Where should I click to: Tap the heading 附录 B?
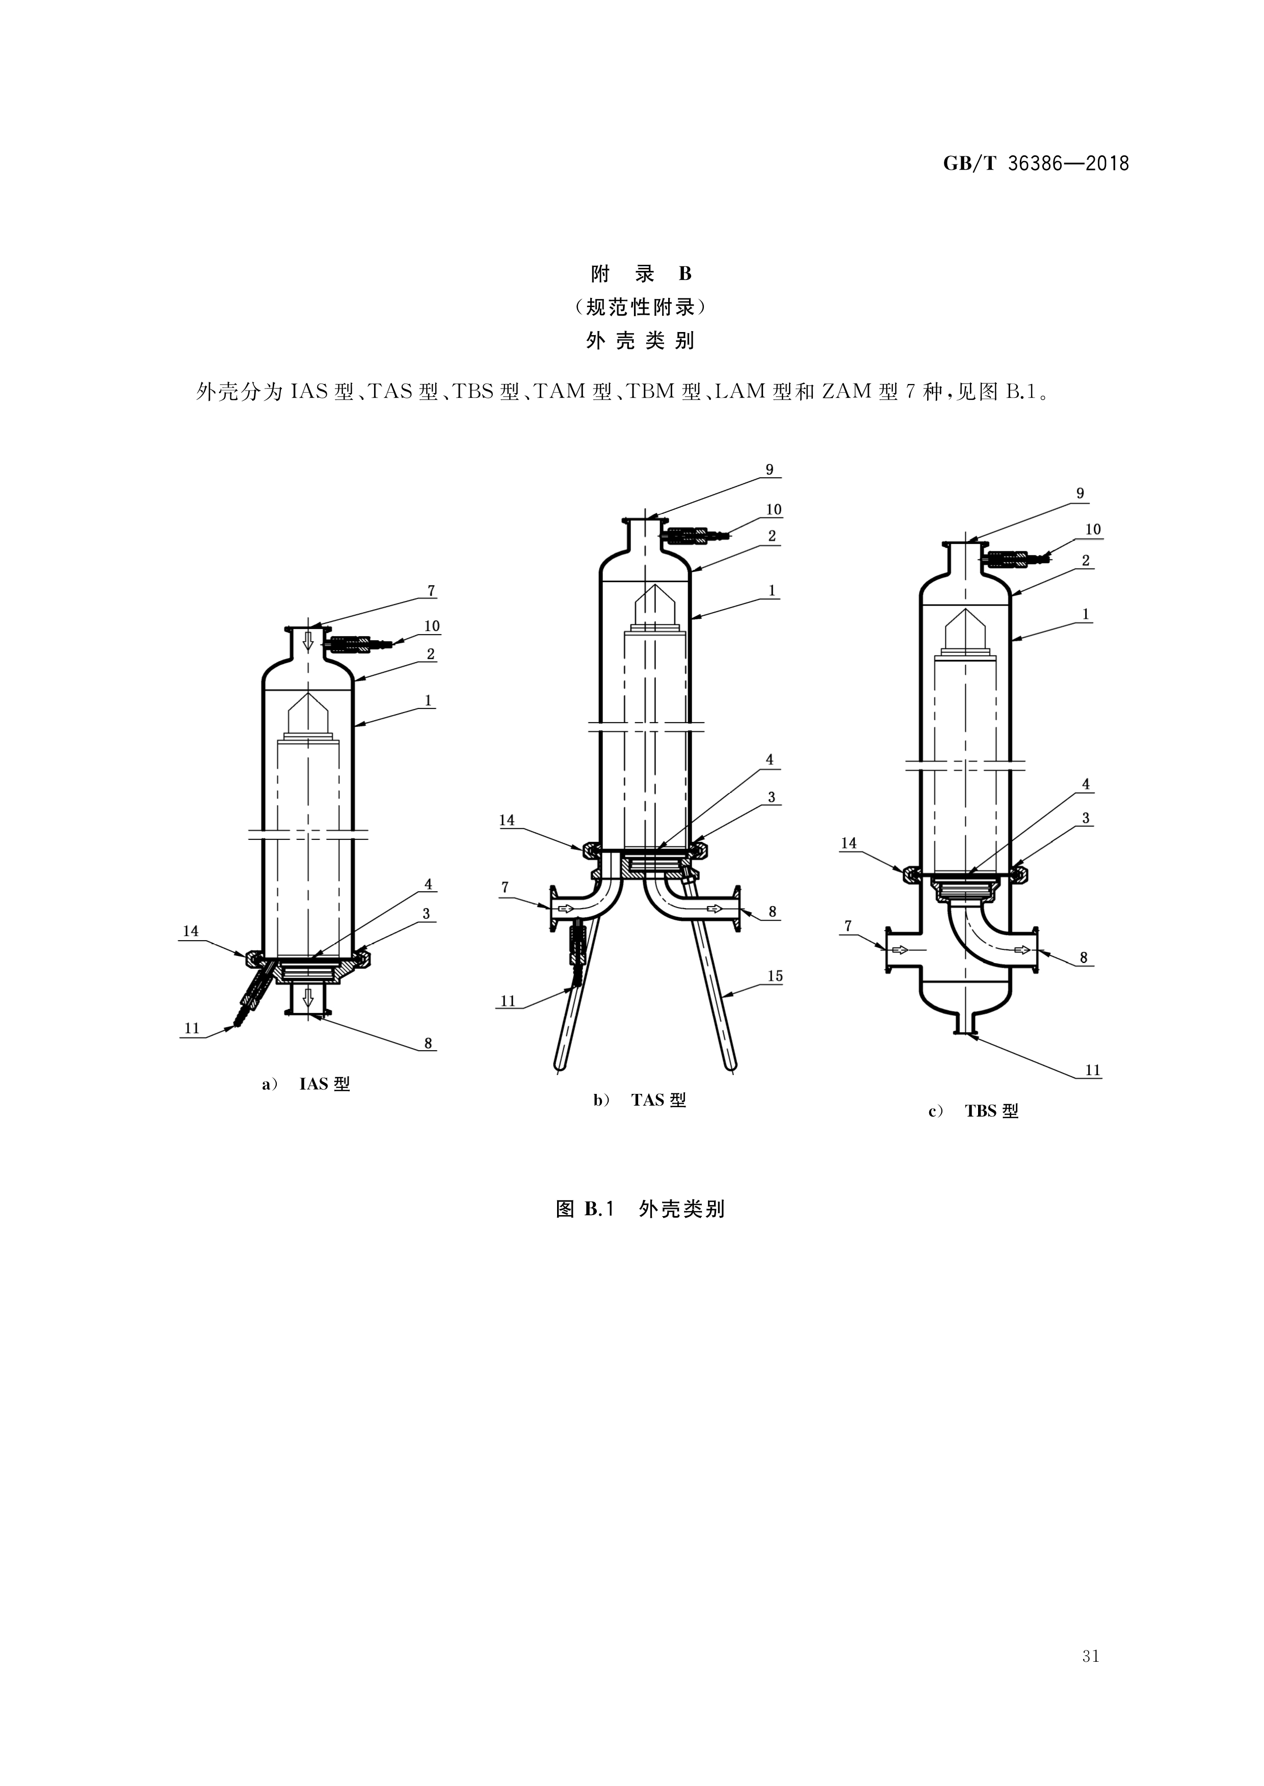(x=641, y=274)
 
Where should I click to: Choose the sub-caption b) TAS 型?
(x=640, y=1100)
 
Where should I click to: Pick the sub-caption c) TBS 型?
(x=973, y=1111)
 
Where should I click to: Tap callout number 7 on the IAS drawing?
(x=431, y=590)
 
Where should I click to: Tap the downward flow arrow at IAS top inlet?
(x=308, y=641)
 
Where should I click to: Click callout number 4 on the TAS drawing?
(x=769, y=759)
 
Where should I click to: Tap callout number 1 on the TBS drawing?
(x=1085, y=614)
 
